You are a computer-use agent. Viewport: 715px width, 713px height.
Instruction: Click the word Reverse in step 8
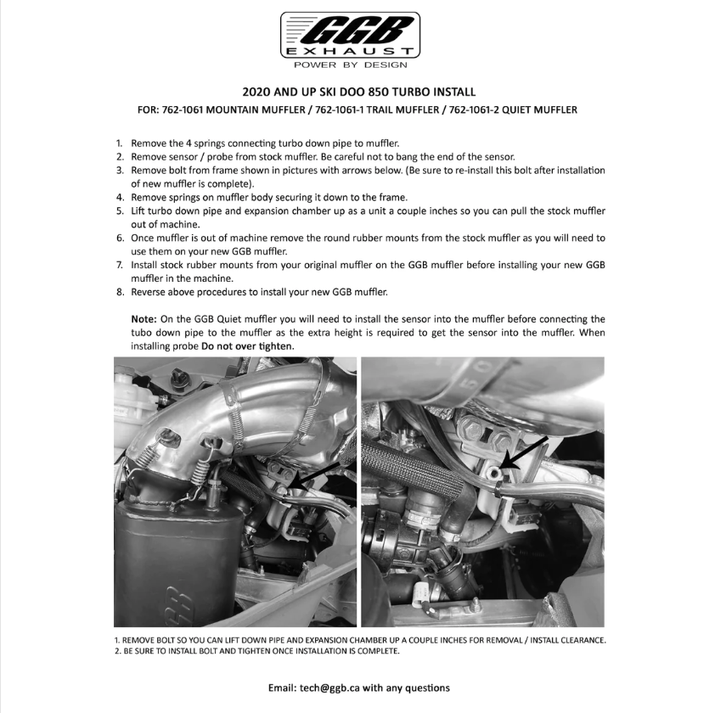click(150, 292)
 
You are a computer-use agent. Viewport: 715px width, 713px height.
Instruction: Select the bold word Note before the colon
click(143, 319)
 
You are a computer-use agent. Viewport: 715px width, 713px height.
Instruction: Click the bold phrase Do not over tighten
click(248, 346)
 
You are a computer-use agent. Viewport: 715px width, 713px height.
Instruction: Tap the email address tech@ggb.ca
click(324, 688)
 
